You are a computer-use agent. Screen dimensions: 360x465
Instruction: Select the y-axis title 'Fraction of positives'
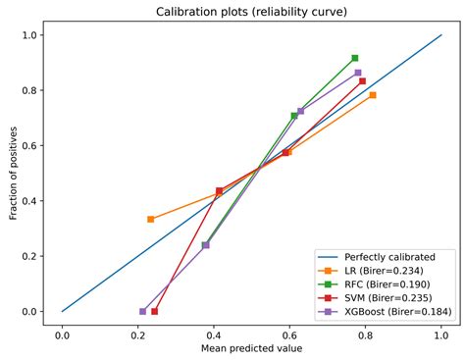pyautogui.click(x=14, y=173)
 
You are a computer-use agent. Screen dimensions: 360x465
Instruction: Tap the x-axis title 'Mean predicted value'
pyautogui.click(x=251, y=347)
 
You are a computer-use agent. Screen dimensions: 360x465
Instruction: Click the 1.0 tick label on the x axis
pyautogui.click(x=441, y=334)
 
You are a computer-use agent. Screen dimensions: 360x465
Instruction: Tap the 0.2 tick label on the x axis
pyautogui.click(x=138, y=334)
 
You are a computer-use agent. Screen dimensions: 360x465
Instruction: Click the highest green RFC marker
pyautogui.click(x=354, y=58)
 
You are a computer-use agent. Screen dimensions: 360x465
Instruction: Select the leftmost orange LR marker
pyautogui.click(x=150, y=219)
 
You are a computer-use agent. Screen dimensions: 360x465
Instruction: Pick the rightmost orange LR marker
pyautogui.click(x=373, y=95)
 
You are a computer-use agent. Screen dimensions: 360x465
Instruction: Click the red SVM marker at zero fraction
pyautogui.click(x=154, y=311)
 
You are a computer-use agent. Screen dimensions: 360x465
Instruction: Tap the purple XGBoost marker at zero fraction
pyautogui.click(x=142, y=311)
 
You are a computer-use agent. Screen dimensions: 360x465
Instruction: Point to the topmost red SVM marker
pyautogui.click(x=362, y=80)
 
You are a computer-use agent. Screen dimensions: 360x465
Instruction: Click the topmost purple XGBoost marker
pyautogui.click(x=358, y=73)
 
